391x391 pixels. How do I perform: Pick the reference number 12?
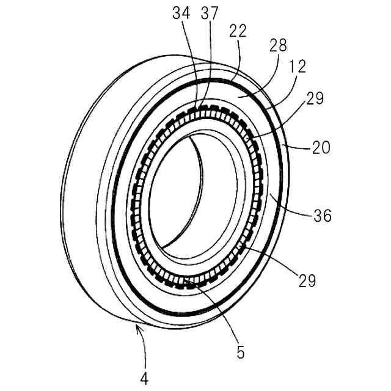point(298,65)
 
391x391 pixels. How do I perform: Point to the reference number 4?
point(145,377)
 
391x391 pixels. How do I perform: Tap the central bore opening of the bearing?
point(183,195)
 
